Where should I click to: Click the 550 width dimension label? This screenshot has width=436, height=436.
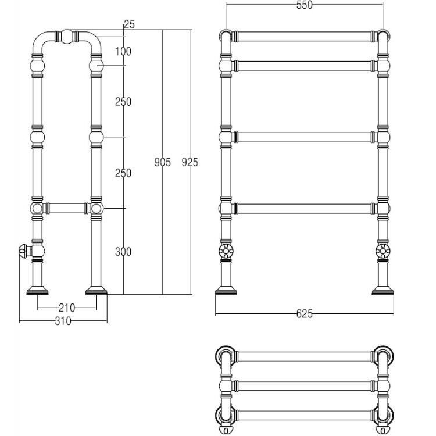coord(305,5)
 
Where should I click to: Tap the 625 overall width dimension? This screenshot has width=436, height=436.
coord(305,314)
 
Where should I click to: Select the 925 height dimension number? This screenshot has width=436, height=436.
coord(190,162)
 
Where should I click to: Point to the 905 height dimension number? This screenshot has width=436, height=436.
coord(163,162)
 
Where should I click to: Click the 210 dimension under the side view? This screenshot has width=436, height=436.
coord(67,308)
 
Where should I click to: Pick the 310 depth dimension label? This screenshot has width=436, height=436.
coord(63,321)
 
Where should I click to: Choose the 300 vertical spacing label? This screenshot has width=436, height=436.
coord(123,252)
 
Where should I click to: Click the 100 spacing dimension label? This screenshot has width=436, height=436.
coord(123,51)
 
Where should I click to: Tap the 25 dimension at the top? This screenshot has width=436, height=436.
coord(129,24)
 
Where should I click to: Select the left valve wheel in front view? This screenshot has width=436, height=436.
coord(226,251)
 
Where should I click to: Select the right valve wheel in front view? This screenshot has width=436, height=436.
coord(383,251)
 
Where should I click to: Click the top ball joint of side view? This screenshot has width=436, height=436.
coord(67,37)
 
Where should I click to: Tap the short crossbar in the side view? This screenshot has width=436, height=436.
coord(67,208)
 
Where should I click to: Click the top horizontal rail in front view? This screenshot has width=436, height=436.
coord(305,37)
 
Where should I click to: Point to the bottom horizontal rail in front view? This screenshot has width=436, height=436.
coord(305,209)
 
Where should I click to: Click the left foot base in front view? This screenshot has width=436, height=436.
coord(226,290)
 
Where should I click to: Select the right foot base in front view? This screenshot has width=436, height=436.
coord(383,290)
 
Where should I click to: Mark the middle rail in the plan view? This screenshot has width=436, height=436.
coord(305,386)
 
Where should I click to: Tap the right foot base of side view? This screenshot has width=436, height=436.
coord(96,290)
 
